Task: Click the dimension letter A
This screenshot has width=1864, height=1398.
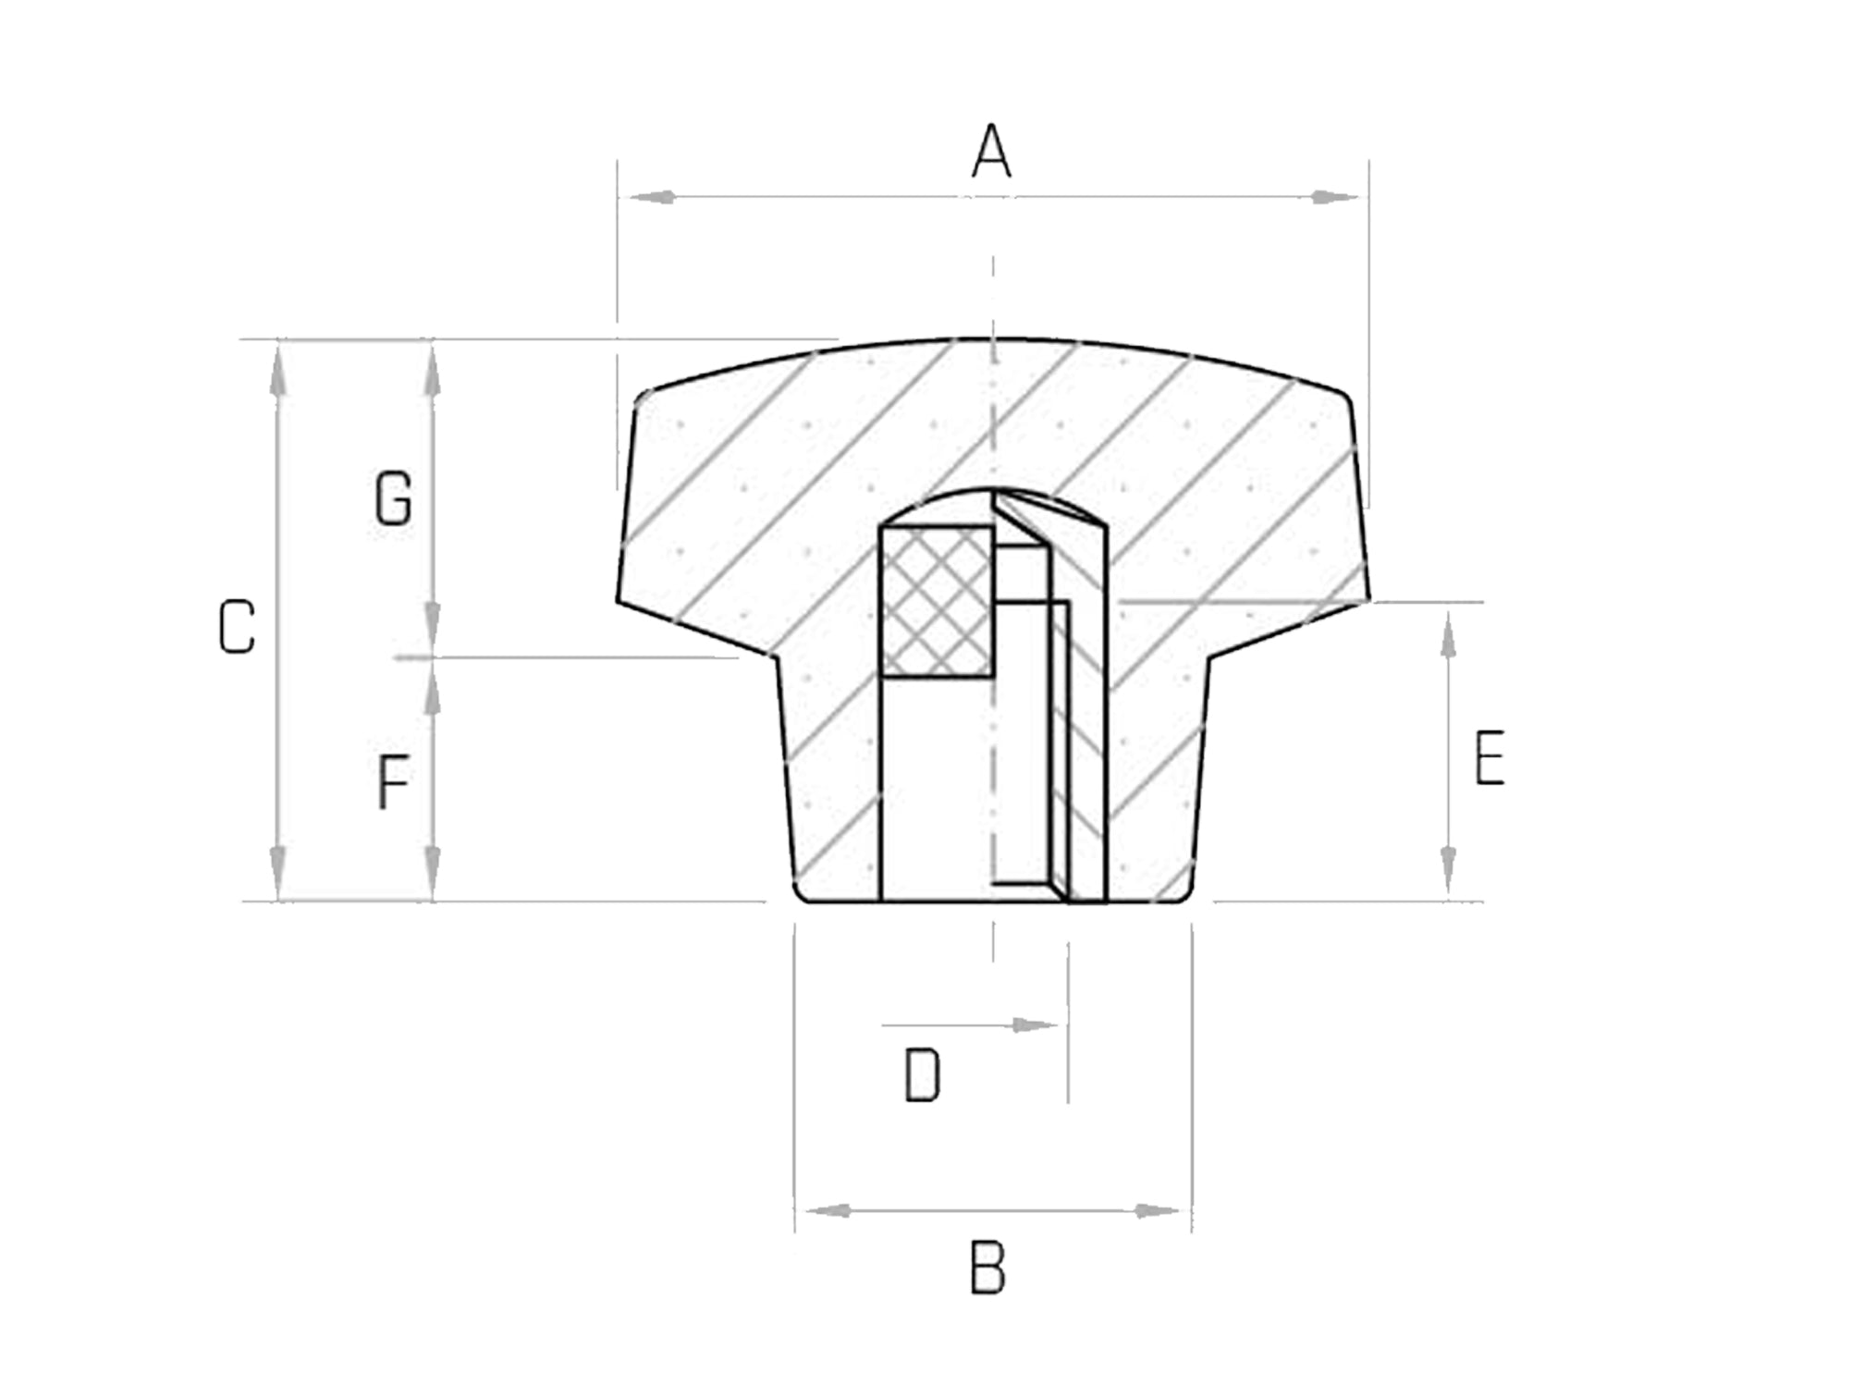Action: click(x=991, y=152)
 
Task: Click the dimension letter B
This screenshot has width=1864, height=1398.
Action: click(x=987, y=1269)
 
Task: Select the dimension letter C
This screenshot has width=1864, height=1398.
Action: click(x=237, y=628)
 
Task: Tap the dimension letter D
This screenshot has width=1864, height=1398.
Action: click(x=922, y=1076)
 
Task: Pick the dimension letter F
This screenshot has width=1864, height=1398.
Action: click(x=394, y=782)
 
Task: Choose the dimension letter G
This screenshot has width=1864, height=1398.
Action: click(x=394, y=499)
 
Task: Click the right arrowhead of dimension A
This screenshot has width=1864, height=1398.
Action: click(x=1335, y=197)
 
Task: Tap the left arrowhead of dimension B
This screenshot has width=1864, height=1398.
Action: click(x=828, y=1211)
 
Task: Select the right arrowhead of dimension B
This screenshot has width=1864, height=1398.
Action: click(x=1158, y=1211)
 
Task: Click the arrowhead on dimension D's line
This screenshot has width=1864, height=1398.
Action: click(x=1034, y=1025)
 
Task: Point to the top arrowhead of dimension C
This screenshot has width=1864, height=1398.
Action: click(x=278, y=374)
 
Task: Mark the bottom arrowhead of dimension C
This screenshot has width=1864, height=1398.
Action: click(x=278, y=867)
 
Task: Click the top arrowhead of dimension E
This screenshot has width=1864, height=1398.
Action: click(x=1449, y=636)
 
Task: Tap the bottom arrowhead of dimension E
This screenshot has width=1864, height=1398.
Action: click(x=1449, y=869)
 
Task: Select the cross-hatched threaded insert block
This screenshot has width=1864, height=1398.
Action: click(x=938, y=601)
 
